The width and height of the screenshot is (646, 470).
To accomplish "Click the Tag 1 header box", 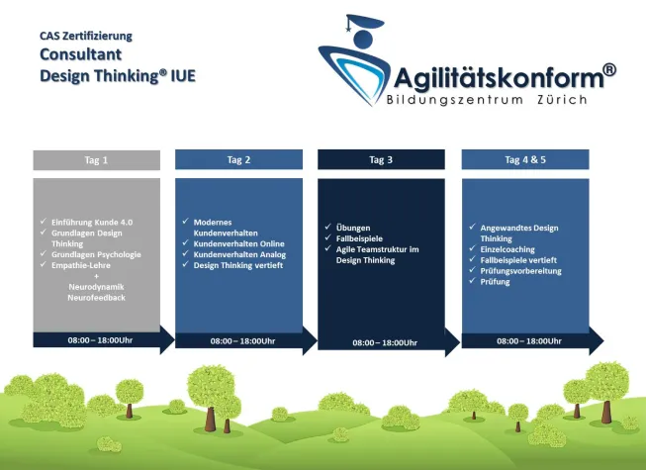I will point(96,160).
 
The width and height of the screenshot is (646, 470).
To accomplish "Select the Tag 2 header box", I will point(238,159).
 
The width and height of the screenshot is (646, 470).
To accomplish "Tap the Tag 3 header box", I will point(381,159).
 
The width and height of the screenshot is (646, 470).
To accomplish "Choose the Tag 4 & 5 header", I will point(524,159).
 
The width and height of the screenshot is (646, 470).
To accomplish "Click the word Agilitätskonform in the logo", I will point(500,77).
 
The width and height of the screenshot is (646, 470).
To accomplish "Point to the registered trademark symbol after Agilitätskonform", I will point(608,69).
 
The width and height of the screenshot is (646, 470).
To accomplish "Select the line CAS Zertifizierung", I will point(85,36).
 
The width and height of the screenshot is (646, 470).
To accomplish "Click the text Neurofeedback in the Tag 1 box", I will point(96,297).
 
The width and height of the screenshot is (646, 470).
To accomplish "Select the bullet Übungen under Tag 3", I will point(352,228).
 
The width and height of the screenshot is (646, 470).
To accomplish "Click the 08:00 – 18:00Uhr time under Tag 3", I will point(385,343).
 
